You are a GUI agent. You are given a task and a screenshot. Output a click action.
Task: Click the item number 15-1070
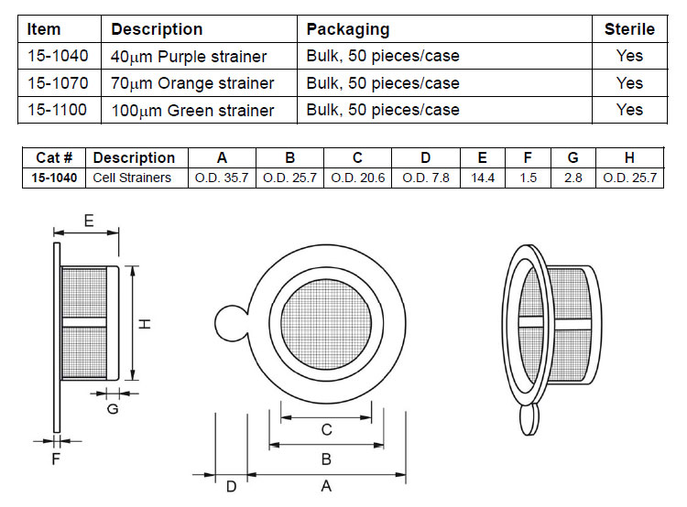[x=58, y=82]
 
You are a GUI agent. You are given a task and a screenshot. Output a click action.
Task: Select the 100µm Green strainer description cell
[x=192, y=111]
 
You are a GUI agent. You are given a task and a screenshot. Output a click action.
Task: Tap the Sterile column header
[x=629, y=29]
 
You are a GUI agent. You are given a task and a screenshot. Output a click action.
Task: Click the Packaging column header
[x=348, y=29]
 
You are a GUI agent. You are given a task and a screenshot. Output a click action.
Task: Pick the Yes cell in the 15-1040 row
[x=629, y=56]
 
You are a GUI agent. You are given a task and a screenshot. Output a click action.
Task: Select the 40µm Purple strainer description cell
[x=189, y=57]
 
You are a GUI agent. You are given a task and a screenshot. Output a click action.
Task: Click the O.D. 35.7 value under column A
[x=222, y=178]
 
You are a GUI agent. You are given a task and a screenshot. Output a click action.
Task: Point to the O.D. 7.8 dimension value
[x=426, y=178]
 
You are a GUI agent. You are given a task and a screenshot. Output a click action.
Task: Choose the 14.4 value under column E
[x=483, y=178]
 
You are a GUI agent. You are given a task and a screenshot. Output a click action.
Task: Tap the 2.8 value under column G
[x=573, y=178]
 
